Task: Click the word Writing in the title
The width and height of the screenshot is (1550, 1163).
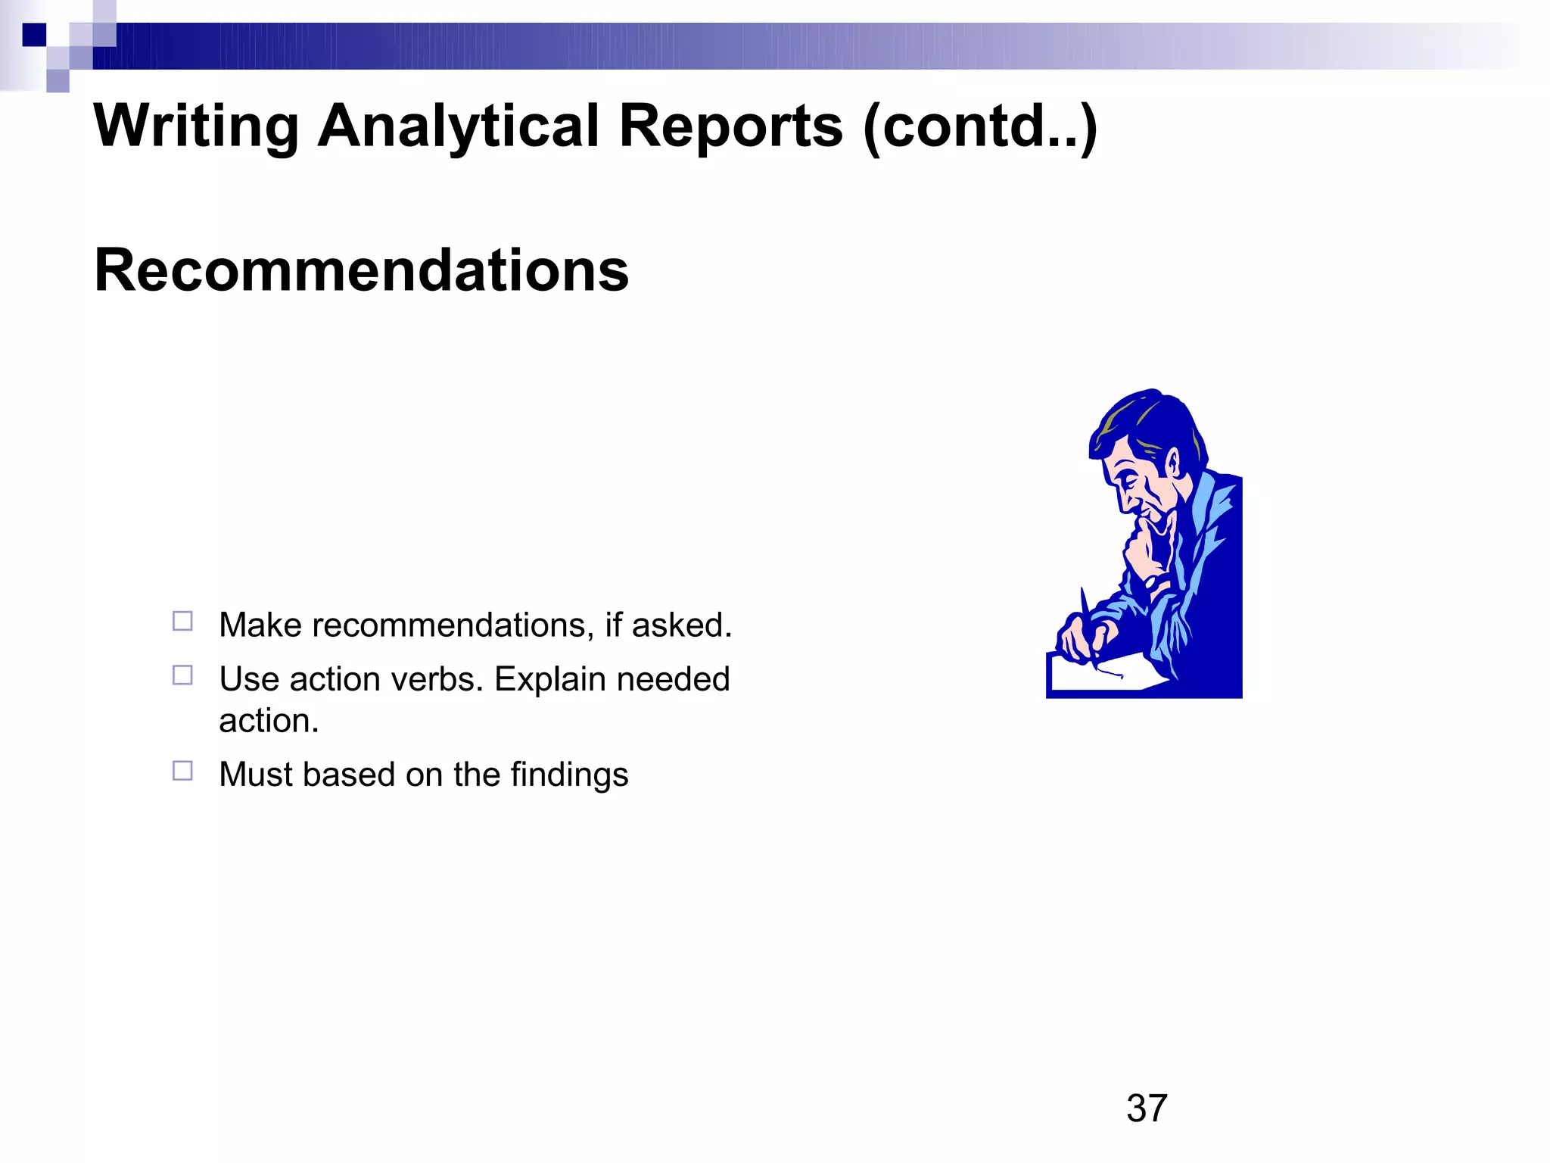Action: (x=196, y=126)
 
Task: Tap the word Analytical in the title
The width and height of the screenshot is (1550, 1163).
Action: (x=458, y=126)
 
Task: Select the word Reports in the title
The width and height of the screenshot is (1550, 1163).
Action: (x=730, y=126)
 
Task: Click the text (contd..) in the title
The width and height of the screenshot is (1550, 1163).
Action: (x=980, y=126)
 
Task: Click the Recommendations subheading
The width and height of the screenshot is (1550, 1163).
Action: (x=361, y=270)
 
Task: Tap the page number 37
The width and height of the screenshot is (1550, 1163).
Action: (x=1146, y=1108)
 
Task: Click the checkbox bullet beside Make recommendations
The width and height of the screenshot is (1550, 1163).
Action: (x=182, y=622)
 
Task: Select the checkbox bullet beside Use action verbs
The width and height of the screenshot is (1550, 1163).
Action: (x=182, y=675)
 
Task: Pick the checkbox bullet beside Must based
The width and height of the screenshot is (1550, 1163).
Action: (x=182, y=771)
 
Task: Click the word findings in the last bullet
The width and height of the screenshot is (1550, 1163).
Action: (x=569, y=775)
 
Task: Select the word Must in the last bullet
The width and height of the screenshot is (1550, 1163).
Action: (x=256, y=775)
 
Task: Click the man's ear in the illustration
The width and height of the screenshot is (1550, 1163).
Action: (x=1172, y=462)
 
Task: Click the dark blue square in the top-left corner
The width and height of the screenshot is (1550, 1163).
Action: (x=34, y=35)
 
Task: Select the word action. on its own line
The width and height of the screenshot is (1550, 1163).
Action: (x=269, y=721)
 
